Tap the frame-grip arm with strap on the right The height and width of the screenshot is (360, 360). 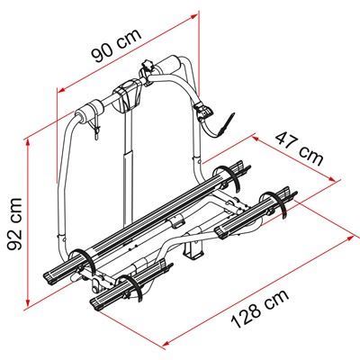point(211,121)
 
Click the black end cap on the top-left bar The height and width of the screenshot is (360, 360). point(87,113)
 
